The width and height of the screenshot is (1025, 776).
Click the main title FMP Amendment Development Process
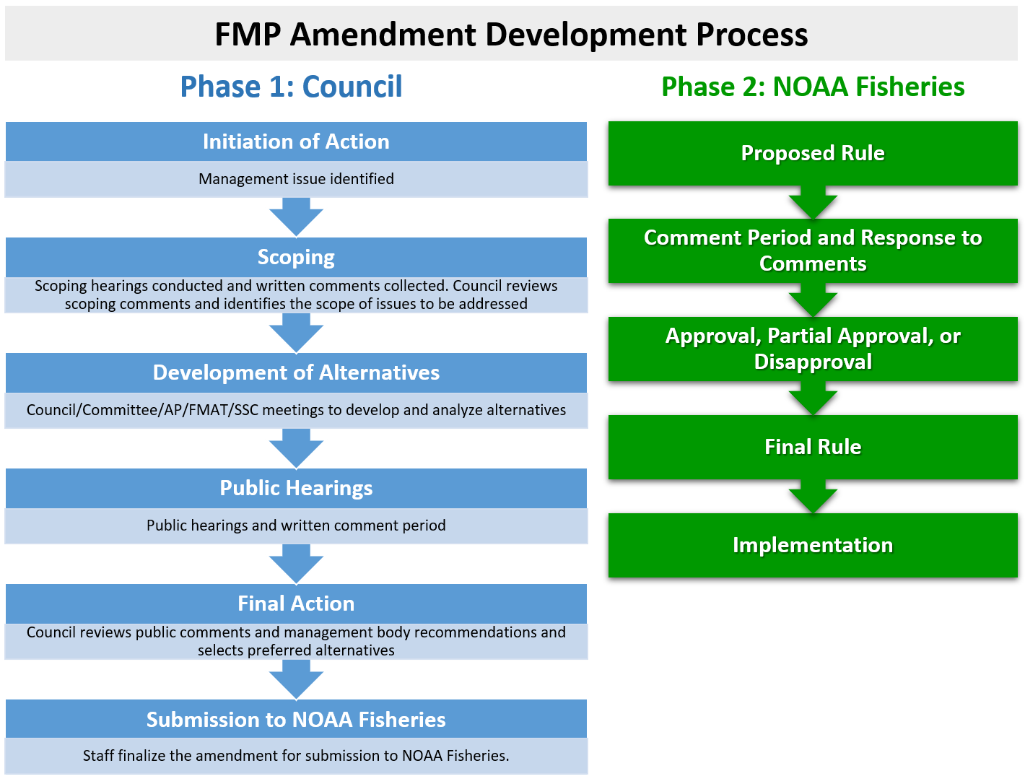point(511,35)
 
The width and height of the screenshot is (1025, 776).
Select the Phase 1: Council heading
point(291,87)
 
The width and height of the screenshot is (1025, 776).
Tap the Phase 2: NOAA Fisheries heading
point(813,87)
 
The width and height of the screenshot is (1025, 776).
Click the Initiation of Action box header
point(296,141)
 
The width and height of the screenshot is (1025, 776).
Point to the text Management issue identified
point(296,179)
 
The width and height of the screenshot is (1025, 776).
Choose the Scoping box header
point(296,257)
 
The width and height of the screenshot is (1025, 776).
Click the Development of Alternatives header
point(296,372)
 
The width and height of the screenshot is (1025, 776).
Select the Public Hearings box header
point(296,488)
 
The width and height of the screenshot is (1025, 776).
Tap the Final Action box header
point(296,603)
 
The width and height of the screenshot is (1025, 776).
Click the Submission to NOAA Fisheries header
point(296,719)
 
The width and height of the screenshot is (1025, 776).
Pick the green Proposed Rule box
point(813,153)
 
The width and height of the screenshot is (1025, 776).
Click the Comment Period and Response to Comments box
point(813,250)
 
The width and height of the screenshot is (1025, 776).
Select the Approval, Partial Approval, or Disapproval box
point(813,349)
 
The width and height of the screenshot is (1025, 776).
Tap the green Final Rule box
point(813,447)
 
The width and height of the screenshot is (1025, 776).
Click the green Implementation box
point(813,545)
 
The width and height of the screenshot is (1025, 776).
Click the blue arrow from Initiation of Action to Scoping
point(296,217)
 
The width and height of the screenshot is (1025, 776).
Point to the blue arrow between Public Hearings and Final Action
point(296,564)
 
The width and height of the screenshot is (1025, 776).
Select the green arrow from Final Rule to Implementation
point(813,497)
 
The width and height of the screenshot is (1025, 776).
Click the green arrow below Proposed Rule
point(813,203)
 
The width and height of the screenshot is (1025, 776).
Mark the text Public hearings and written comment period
point(296,526)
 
